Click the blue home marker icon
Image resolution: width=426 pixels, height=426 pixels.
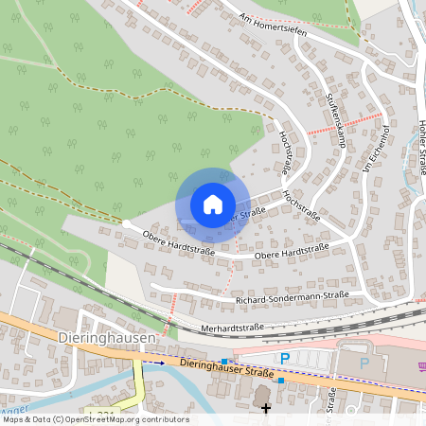tap(212, 204)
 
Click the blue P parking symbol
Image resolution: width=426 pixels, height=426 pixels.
tap(284, 358)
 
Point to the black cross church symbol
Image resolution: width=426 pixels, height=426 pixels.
tap(266, 408)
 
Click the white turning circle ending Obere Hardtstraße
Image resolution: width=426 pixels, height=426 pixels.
tap(126, 223)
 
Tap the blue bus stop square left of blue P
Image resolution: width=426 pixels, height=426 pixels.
tap(224, 361)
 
